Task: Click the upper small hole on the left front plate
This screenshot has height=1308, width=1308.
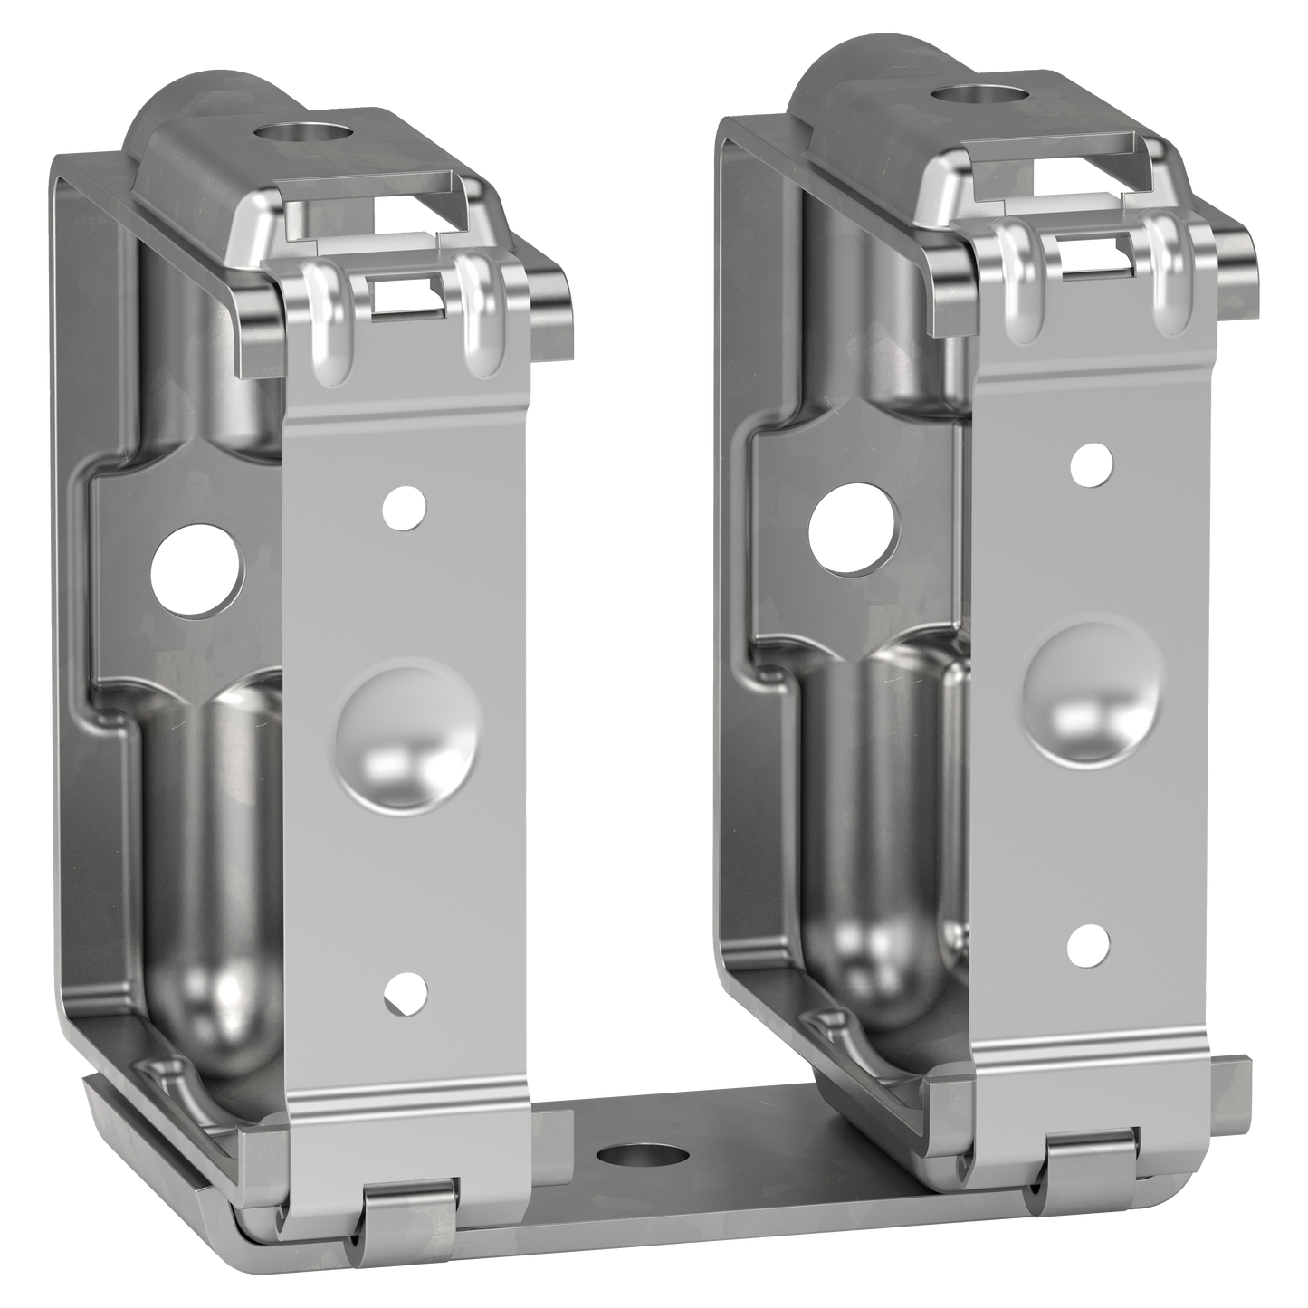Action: tap(404, 508)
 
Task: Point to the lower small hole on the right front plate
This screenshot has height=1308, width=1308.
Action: tap(1088, 944)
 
